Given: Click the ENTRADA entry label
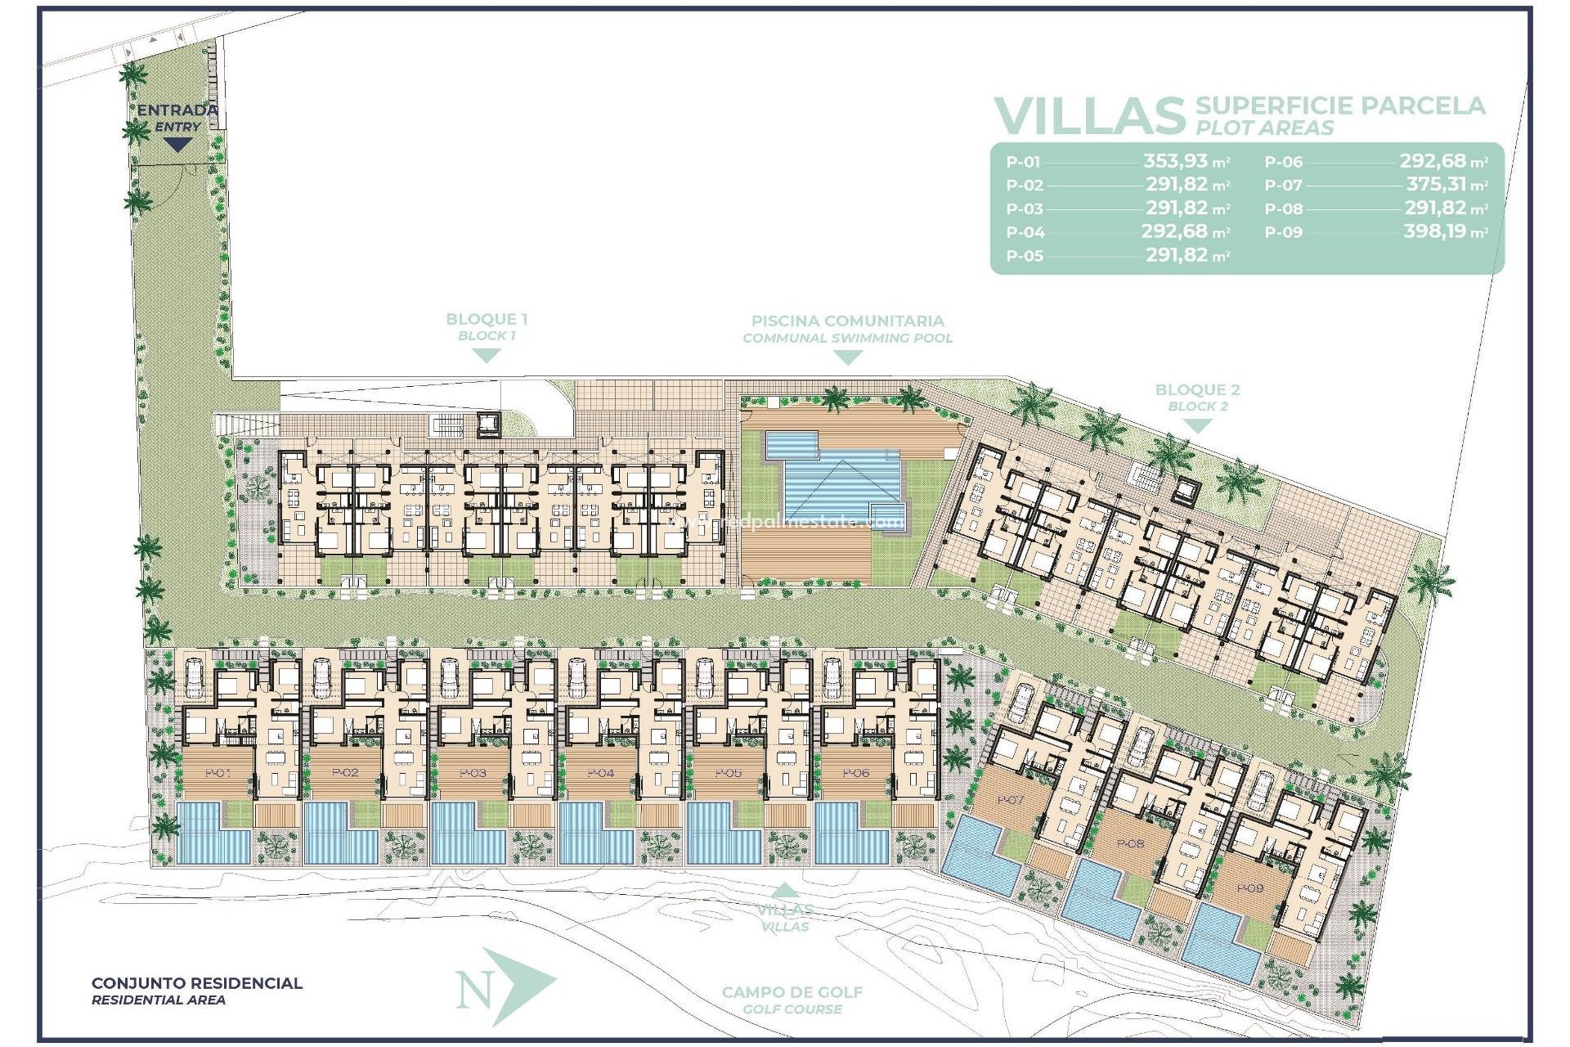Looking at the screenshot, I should (177, 110).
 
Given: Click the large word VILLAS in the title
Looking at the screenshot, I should (1088, 117).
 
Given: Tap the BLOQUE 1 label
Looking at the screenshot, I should (487, 320).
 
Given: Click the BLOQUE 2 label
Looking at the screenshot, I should (1197, 390).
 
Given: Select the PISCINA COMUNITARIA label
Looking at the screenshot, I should (847, 321).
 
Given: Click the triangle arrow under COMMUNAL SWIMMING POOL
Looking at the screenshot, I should (847, 357).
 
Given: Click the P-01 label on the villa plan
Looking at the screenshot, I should (217, 773).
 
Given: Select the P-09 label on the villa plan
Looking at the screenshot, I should (1249, 888).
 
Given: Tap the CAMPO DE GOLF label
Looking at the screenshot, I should (792, 992).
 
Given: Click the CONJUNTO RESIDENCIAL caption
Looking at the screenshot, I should (196, 983).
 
